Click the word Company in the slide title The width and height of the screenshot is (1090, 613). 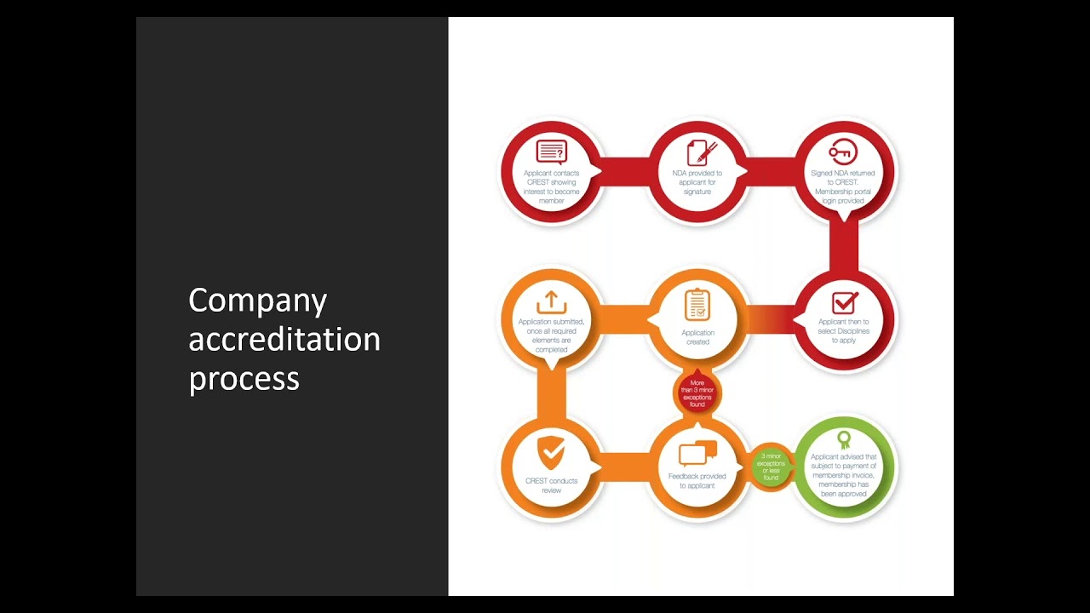coord(257,301)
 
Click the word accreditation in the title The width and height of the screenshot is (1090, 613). coord(284,340)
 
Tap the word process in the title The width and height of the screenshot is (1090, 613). coord(244,378)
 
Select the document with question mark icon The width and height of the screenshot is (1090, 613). coord(551,152)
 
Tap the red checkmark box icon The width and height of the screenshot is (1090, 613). coord(844,302)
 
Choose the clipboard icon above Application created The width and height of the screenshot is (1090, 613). coord(697,304)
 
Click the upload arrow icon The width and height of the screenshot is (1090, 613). coord(551,302)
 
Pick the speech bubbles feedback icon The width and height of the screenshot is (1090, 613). coord(697,453)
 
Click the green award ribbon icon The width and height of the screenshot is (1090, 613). coord(843,439)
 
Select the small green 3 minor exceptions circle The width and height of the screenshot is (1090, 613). coord(771,467)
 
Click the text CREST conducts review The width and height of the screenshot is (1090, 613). coord(551,485)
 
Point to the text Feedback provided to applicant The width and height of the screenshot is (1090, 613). coord(697,480)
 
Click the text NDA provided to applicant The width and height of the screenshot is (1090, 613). coord(697,182)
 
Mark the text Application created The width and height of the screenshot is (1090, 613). coord(697,337)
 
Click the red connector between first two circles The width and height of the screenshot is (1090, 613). coord(625,170)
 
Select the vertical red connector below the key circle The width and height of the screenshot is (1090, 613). coord(843,247)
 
